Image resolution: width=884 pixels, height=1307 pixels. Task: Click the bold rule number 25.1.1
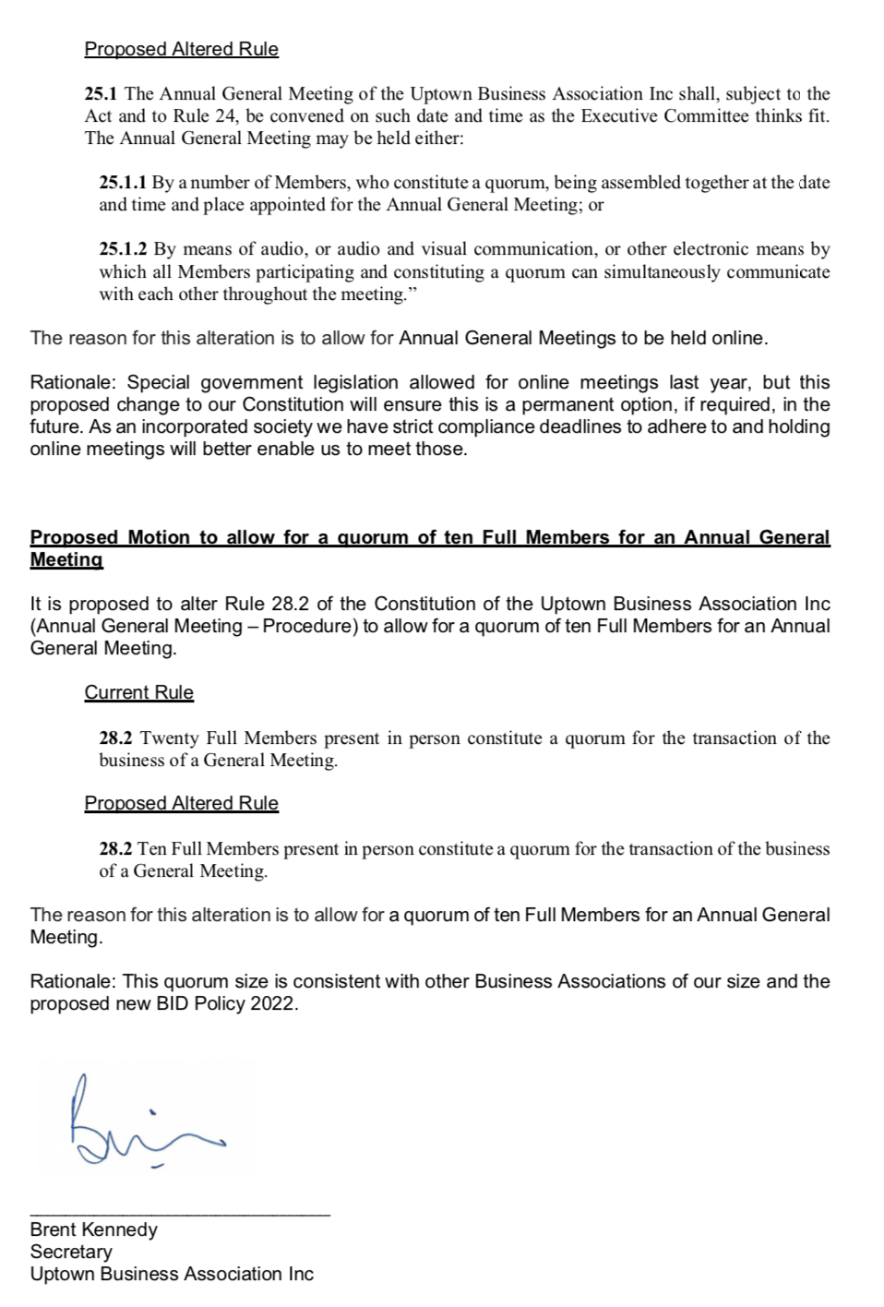pyautogui.click(x=123, y=183)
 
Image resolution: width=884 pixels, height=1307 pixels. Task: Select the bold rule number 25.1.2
pyautogui.click(x=123, y=249)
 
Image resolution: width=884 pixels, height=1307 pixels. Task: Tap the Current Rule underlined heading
pyautogui.click(x=139, y=692)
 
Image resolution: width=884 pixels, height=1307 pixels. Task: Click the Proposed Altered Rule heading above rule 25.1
pyautogui.click(x=181, y=49)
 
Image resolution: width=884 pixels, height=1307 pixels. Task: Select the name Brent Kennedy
pyautogui.click(x=93, y=1229)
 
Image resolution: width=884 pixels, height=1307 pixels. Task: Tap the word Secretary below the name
pyautogui.click(x=71, y=1252)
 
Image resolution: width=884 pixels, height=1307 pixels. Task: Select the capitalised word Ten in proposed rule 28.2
pyautogui.click(x=152, y=849)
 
